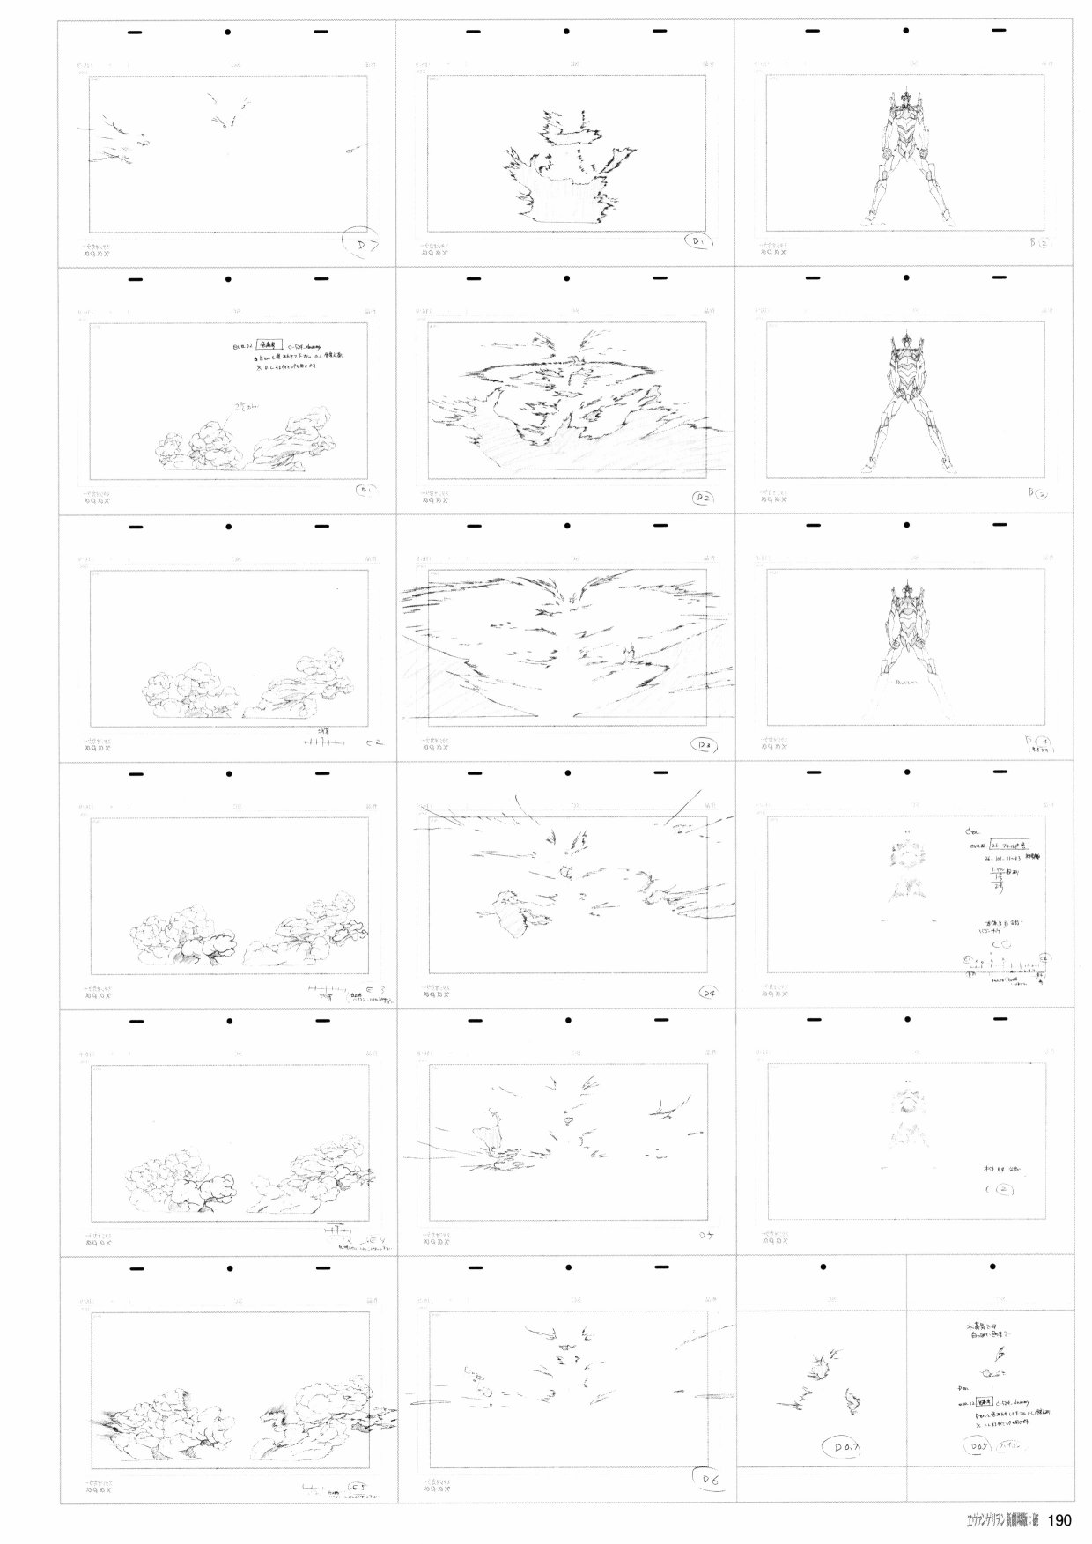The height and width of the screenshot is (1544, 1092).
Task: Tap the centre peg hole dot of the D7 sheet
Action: (x=228, y=33)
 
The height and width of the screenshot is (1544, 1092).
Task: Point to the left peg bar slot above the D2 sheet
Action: (x=474, y=280)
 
